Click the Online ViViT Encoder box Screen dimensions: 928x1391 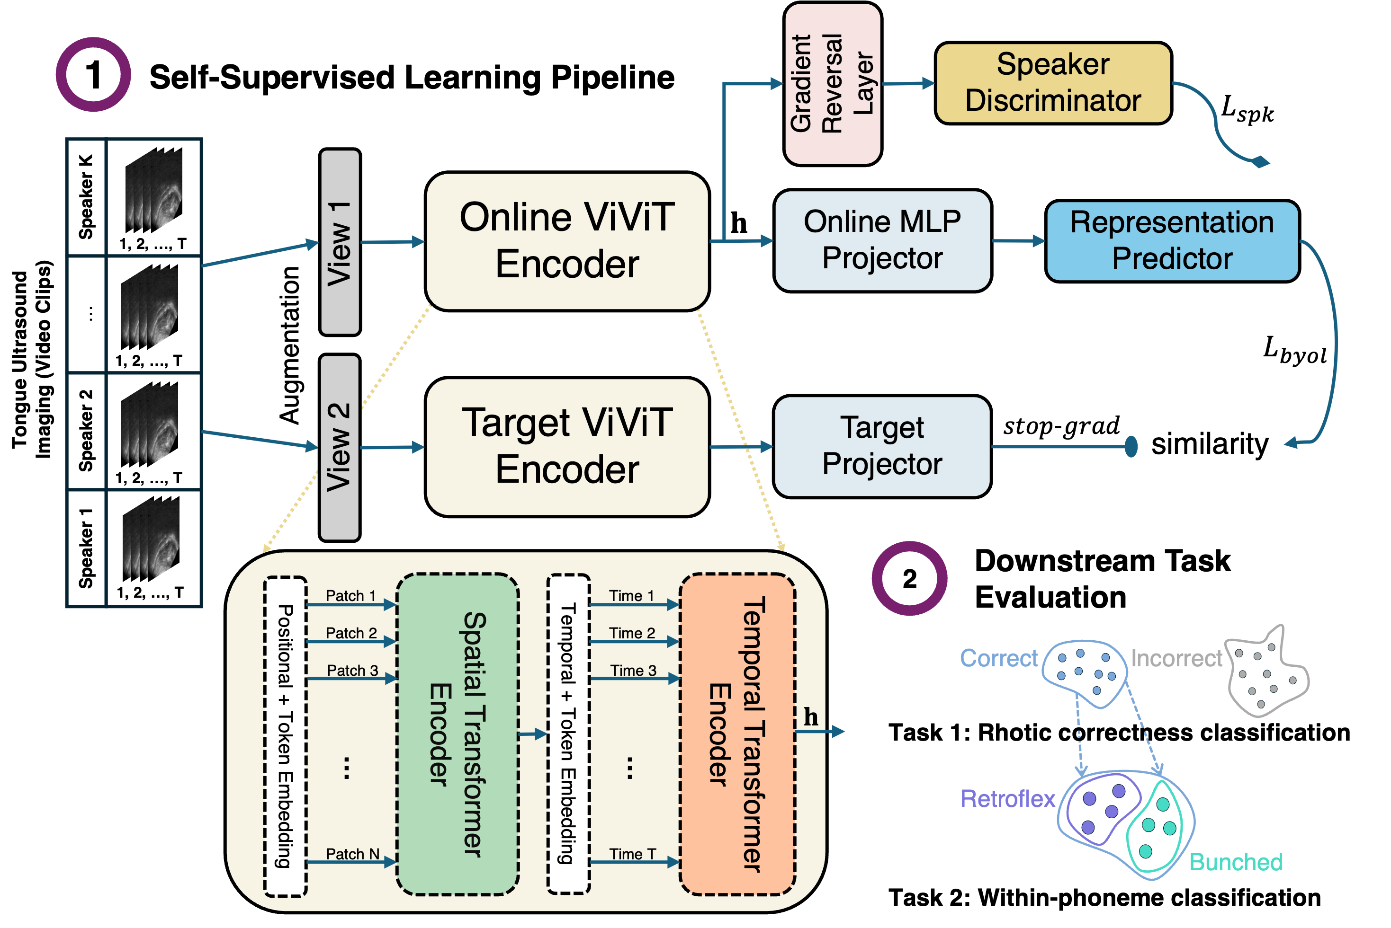point(567,241)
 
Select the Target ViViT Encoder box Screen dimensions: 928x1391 point(567,446)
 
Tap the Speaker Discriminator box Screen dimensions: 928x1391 point(1053,83)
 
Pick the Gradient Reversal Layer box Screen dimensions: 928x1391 point(832,83)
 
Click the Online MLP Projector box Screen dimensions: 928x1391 point(882,240)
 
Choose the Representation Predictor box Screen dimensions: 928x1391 point(1172,241)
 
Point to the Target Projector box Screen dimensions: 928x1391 point(882,446)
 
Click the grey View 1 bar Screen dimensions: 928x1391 point(340,242)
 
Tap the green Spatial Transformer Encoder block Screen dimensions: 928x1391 point(458,734)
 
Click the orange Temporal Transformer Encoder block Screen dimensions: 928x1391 point(737,734)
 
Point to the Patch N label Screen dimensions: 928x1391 point(352,854)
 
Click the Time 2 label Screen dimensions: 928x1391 point(632,633)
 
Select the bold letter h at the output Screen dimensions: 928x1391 point(811,717)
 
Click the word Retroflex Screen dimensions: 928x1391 point(1008,799)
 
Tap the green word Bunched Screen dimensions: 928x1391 point(1236,862)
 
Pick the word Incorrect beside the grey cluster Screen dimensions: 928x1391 point(1176,658)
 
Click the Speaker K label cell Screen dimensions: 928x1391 point(87,197)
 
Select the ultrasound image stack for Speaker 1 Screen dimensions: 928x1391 point(151,539)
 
